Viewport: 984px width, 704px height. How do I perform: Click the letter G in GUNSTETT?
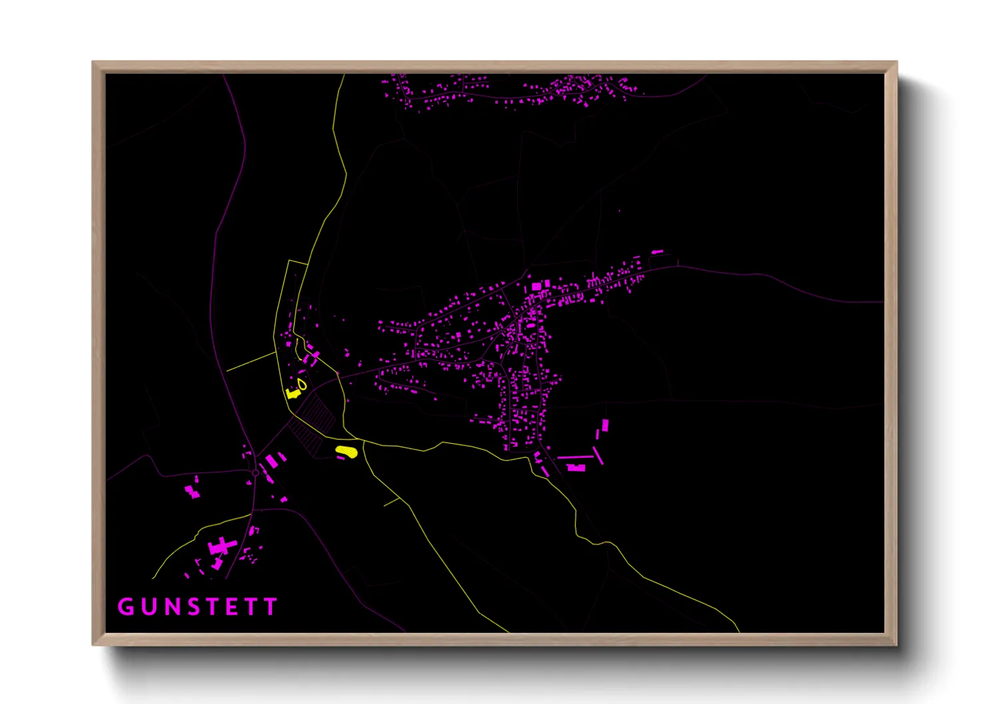(x=126, y=607)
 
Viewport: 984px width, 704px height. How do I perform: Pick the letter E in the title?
(x=232, y=607)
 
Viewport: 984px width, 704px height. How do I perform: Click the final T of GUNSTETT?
(x=270, y=607)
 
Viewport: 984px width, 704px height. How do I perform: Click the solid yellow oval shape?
(x=346, y=452)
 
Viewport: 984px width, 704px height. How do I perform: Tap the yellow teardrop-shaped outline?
(x=303, y=385)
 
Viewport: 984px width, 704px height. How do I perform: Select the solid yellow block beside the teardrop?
(x=291, y=393)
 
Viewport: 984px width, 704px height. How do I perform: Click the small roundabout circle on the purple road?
(x=255, y=473)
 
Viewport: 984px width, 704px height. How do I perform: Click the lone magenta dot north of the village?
(x=619, y=211)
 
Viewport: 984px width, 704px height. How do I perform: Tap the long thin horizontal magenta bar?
(x=574, y=457)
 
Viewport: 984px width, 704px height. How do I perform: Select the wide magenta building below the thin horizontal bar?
(x=576, y=468)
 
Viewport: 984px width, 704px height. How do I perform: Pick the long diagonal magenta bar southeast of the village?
(x=598, y=455)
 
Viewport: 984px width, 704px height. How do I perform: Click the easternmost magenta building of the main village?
(x=657, y=252)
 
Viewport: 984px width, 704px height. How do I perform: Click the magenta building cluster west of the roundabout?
(x=192, y=492)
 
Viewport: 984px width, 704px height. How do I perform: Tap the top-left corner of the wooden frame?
(x=93, y=63)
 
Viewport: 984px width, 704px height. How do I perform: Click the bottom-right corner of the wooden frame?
(x=896, y=644)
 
